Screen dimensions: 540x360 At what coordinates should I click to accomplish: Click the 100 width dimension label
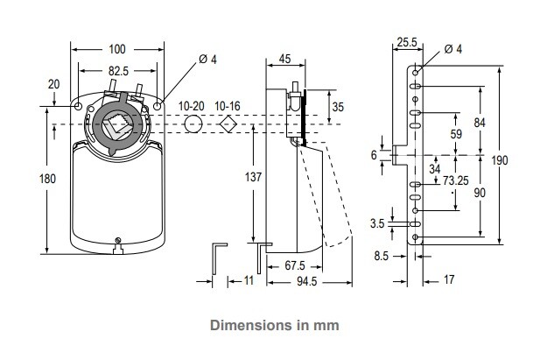(x=117, y=49)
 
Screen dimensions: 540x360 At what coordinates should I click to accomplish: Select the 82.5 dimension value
(x=118, y=71)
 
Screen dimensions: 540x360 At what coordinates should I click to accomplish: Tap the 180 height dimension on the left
(x=47, y=179)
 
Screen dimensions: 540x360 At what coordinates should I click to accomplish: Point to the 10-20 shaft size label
(x=192, y=106)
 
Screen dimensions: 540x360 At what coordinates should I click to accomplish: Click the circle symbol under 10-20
(x=193, y=124)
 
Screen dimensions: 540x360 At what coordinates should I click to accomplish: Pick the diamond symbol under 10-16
(x=228, y=124)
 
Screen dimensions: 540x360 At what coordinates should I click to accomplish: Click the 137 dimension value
(x=253, y=177)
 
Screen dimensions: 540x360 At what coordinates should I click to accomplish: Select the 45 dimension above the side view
(x=284, y=59)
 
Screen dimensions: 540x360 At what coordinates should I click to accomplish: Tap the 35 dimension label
(x=338, y=107)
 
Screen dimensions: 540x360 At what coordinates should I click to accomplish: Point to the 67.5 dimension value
(x=295, y=265)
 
